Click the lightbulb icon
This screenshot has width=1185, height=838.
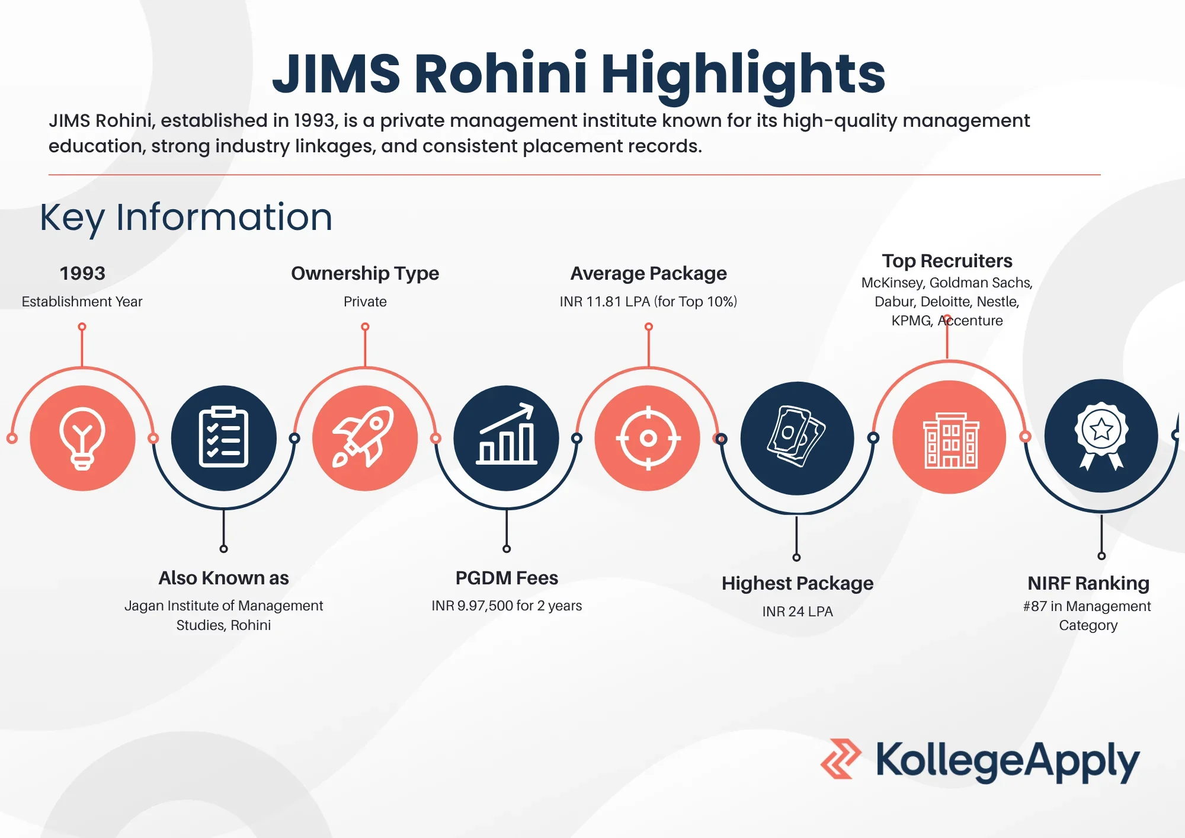pyautogui.click(x=82, y=439)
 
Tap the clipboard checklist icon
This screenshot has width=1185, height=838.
pyautogui.click(x=223, y=437)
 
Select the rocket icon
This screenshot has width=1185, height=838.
pyautogui.click(x=363, y=437)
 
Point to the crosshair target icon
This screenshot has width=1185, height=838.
pyautogui.click(x=648, y=438)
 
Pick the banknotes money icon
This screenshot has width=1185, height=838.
pyautogui.click(x=797, y=436)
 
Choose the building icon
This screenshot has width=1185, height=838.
pyautogui.click(x=951, y=440)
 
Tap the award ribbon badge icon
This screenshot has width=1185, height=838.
pyautogui.click(x=1101, y=436)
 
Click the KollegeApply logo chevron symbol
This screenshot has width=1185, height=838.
pyautogui.click(x=841, y=759)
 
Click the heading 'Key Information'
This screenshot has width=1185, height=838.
pyautogui.click(x=186, y=218)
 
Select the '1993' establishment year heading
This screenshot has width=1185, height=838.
pyautogui.click(x=82, y=273)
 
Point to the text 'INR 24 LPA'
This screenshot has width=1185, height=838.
pyautogui.click(x=798, y=611)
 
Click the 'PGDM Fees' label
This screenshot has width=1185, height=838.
pyautogui.click(x=507, y=578)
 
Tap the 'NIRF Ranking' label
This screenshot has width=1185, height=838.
pyautogui.click(x=1088, y=583)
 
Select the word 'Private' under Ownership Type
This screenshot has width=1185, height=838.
pyautogui.click(x=365, y=302)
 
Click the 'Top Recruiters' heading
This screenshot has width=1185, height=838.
pyautogui.click(x=947, y=261)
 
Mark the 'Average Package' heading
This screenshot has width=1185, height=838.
pyautogui.click(x=648, y=273)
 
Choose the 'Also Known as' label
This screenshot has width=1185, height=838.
pyautogui.click(x=223, y=578)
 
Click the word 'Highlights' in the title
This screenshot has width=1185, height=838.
pyautogui.click(x=743, y=73)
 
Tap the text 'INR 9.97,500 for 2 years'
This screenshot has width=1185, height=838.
pyautogui.click(x=507, y=606)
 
